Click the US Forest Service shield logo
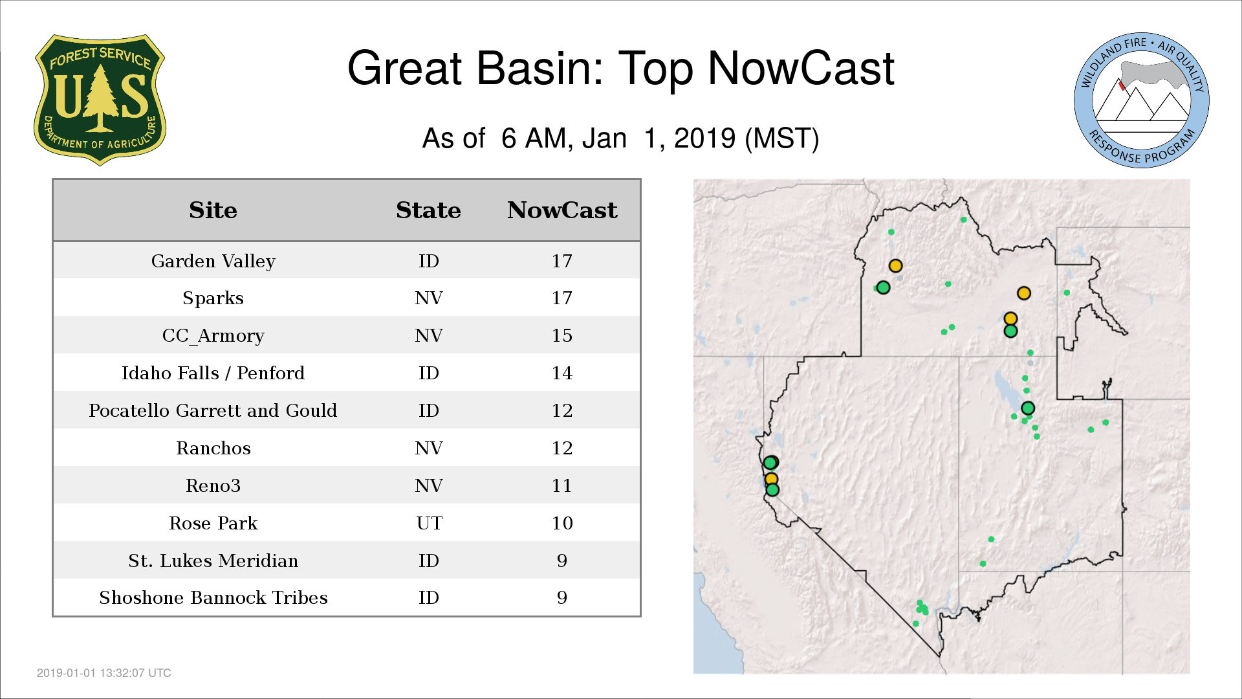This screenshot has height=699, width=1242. tap(100, 100)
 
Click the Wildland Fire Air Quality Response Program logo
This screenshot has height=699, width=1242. tap(1142, 100)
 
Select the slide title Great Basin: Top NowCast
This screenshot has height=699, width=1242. tap(620, 69)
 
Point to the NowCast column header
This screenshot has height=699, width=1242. tap(562, 210)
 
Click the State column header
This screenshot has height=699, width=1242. tap(428, 210)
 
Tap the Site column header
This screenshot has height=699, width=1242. tap(213, 210)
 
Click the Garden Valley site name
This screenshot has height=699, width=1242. tap(213, 261)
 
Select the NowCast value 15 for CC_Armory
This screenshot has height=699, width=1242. tap(562, 335)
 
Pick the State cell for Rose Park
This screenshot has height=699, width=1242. tap(429, 523)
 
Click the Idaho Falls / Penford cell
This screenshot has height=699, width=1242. tap(213, 373)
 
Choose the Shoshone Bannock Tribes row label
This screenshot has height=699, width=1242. tap(213, 597)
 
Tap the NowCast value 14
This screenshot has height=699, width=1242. tap(562, 373)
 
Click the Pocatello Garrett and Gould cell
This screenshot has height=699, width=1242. tap(213, 410)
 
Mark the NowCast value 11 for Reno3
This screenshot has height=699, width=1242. tap(562, 485)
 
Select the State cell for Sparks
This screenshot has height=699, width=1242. tap(429, 298)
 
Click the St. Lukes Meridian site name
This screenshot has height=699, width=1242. tap(213, 560)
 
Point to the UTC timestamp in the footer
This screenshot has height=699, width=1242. tap(104, 673)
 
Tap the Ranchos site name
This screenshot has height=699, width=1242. tap(213, 448)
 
